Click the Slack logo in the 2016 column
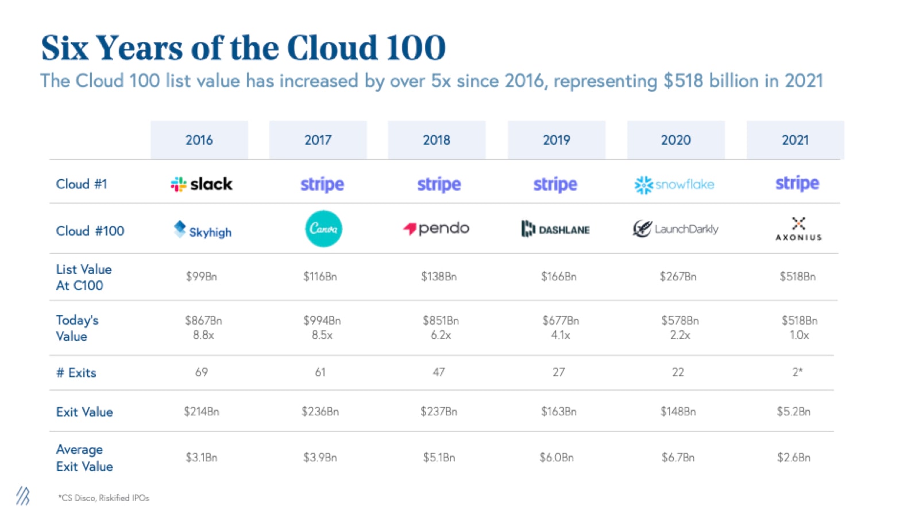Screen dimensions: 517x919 [202, 184]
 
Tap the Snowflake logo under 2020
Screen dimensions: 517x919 [674, 184]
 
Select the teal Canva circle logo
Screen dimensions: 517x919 [323, 229]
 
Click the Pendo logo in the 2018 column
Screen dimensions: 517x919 [437, 229]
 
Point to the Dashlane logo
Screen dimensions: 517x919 [555, 229]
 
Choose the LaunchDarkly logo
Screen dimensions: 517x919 [675, 229]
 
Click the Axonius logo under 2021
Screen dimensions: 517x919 [798, 229]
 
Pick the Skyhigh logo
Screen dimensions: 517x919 [203, 230]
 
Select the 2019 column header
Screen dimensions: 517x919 [556, 140]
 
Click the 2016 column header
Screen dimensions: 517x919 [199, 140]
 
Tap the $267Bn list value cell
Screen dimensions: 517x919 [678, 276]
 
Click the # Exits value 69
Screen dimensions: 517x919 [202, 372]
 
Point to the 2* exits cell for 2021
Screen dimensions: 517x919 [797, 372]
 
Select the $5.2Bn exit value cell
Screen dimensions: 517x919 [794, 411]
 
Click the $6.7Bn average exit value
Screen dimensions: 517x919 [678, 457]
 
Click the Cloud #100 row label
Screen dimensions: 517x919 [90, 231]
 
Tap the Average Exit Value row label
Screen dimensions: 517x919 [84, 458]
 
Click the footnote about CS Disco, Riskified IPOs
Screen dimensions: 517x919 [104, 497]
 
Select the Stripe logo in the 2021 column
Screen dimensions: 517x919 [797, 183]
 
